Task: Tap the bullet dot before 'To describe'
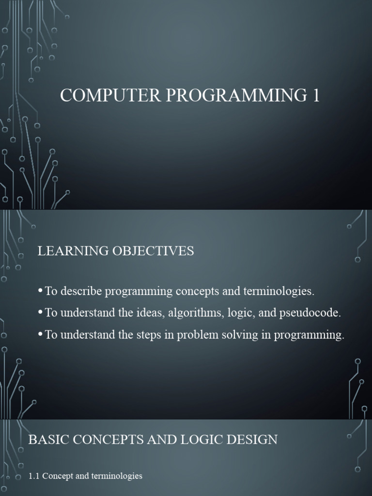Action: point(40,292)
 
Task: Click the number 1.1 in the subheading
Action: point(34,476)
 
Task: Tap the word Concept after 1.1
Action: point(58,476)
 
